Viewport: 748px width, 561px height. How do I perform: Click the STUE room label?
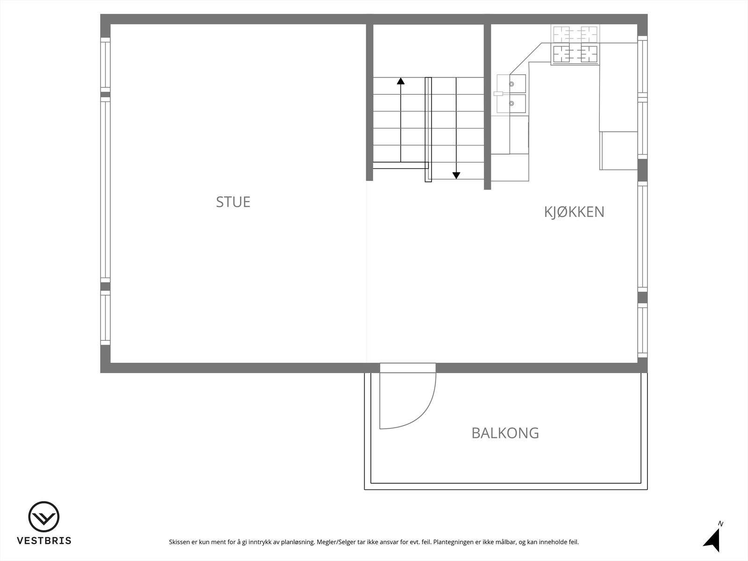233,202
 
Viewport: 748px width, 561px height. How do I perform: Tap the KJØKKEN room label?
574,212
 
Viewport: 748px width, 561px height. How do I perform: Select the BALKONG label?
505,433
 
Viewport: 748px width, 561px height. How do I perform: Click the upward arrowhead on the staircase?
401,81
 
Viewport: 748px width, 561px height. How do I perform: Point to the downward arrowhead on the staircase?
456,175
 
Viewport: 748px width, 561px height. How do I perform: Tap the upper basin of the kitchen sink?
517,84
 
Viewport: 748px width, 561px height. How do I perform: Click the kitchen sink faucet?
498,93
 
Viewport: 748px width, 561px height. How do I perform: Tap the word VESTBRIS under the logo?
44,541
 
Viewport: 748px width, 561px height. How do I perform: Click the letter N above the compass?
720,524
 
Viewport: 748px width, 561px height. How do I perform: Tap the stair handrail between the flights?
428,129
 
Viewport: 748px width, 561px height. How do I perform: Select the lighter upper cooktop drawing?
575,34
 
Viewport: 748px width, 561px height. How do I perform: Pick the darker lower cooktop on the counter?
575,54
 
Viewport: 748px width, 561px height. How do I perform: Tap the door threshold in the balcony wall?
408,368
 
